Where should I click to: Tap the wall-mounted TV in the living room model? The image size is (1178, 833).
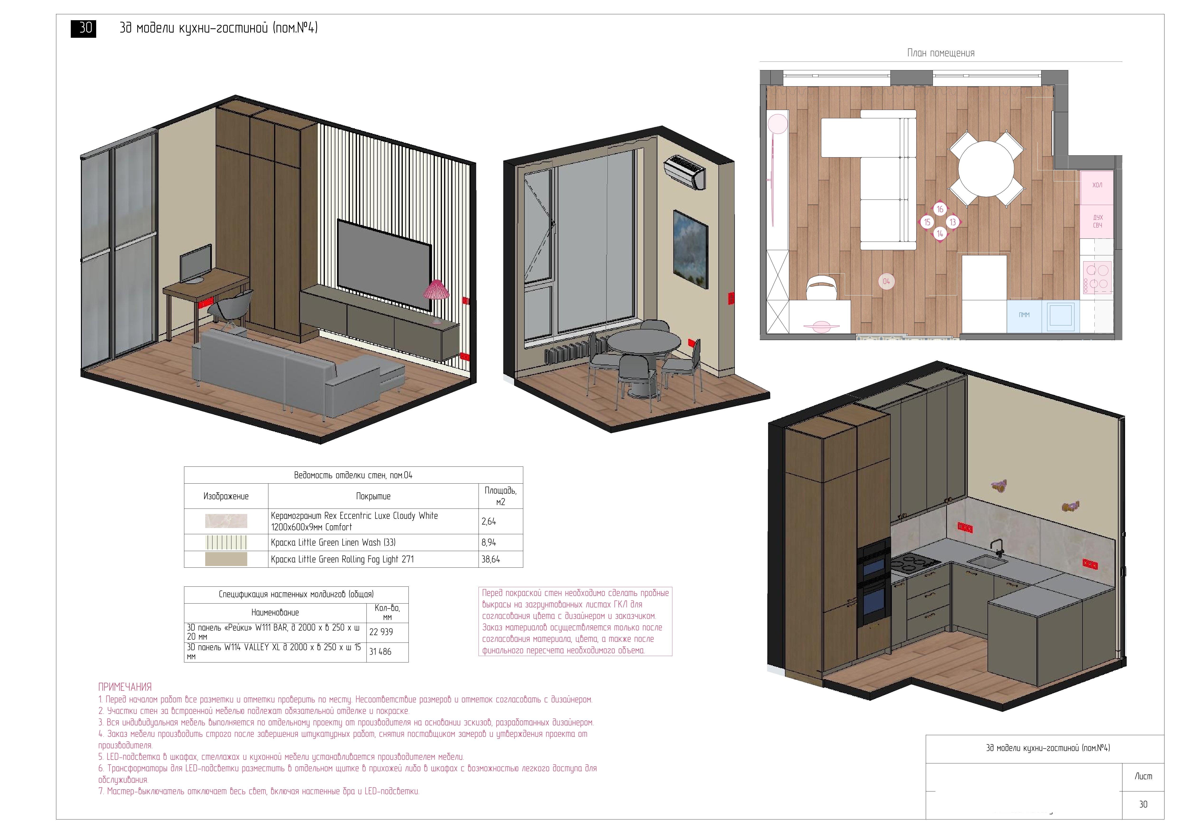pyautogui.click(x=384, y=264)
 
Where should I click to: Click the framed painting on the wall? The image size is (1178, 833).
pyautogui.click(x=691, y=249)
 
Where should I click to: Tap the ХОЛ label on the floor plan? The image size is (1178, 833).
pyautogui.click(x=1097, y=185)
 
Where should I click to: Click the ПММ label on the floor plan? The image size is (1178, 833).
pyautogui.click(x=1024, y=315)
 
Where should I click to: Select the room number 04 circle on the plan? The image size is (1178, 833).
pyautogui.click(x=886, y=281)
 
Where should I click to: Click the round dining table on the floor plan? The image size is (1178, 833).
pyautogui.click(x=986, y=169)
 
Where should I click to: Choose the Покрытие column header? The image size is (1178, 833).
pyautogui.click(x=373, y=496)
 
